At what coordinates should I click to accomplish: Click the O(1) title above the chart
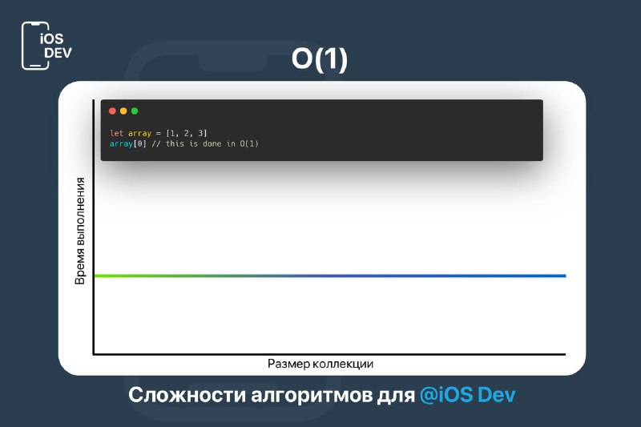click(319, 59)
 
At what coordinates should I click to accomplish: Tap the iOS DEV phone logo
click(46, 46)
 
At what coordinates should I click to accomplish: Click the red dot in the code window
click(112, 111)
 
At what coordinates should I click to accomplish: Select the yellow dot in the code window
click(123, 111)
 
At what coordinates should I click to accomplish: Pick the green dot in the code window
click(135, 111)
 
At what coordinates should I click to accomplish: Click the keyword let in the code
click(116, 133)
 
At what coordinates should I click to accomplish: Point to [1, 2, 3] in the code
click(187, 133)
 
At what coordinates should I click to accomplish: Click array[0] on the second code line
click(128, 144)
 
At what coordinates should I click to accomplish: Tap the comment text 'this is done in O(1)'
click(212, 144)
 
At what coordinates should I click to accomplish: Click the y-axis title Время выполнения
click(80, 231)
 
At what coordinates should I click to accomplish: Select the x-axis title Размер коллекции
click(320, 364)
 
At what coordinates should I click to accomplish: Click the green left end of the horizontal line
click(95, 276)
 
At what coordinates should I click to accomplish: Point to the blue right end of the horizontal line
click(565, 276)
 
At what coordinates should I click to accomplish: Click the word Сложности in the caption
click(187, 395)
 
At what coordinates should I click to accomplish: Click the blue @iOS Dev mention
click(468, 395)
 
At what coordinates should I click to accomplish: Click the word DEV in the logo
click(58, 53)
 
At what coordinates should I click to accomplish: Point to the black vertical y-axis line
click(94, 227)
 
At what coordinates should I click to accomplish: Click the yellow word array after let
click(139, 133)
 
